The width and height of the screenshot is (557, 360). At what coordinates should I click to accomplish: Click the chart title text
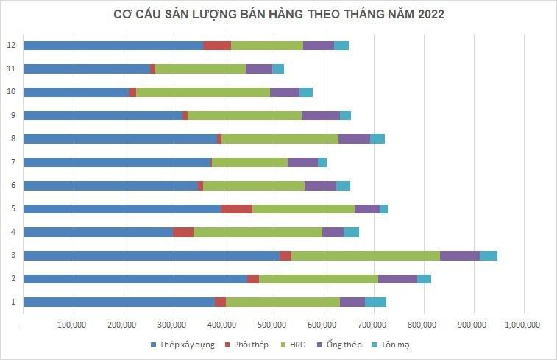click(279, 14)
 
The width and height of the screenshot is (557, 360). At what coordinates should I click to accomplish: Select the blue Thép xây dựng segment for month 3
click(151, 255)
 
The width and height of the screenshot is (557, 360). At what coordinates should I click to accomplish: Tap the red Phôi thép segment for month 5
click(236, 208)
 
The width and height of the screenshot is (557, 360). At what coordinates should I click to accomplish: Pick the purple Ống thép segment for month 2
click(397, 279)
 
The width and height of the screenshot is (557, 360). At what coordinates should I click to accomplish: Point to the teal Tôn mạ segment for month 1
click(375, 302)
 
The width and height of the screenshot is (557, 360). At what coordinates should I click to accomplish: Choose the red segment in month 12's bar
click(217, 46)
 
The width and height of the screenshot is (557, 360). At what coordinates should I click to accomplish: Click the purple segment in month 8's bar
click(354, 138)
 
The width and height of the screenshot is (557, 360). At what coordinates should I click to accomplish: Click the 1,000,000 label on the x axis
click(523, 325)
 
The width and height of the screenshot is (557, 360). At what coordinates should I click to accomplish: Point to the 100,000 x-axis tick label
click(73, 325)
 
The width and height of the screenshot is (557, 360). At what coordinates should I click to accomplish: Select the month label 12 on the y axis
click(10, 46)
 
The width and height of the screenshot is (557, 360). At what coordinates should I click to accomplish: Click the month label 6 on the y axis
click(10, 186)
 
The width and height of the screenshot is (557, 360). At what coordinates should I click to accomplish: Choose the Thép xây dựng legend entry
click(182, 345)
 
